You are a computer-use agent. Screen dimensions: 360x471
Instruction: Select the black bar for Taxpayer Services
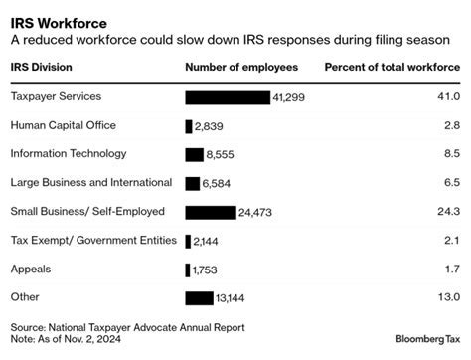pos(228,97)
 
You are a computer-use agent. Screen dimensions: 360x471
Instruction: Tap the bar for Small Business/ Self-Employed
pos(210,212)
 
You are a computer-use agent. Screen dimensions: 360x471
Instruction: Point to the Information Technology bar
pos(194,154)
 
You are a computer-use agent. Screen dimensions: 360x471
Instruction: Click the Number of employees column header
pos(239,67)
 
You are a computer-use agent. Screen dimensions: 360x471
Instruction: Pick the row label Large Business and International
pos(90,183)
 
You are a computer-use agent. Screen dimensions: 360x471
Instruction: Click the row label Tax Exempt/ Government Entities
pos(93,241)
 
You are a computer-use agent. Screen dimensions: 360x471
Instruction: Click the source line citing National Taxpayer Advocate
pos(127,326)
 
